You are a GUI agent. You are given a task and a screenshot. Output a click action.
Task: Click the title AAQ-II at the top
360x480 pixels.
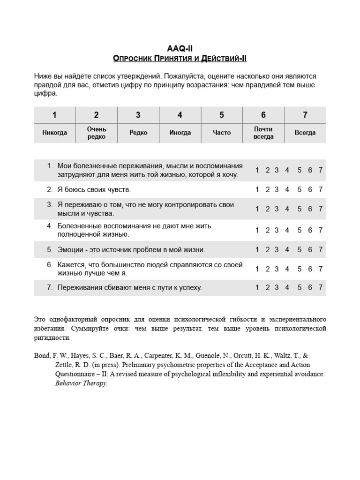click(x=180, y=48)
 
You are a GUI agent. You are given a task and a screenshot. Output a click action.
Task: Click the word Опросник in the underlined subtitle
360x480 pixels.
click(x=133, y=58)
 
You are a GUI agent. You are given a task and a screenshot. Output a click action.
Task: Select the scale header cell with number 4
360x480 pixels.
click(x=180, y=115)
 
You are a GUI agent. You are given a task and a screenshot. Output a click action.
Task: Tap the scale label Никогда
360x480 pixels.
click(x=54, y=133)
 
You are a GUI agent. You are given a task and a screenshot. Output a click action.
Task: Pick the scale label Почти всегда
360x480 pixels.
click(x=263, y=133)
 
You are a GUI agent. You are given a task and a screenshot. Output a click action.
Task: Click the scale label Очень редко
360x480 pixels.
click(x=96, y=133)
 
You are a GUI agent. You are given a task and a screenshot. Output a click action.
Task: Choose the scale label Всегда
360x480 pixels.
click(x=305, y=133)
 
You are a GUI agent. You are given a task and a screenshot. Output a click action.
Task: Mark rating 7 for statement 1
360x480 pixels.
click(x=321, y=170)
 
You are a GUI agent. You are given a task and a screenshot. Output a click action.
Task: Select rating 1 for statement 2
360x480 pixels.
click(x=257, y=189)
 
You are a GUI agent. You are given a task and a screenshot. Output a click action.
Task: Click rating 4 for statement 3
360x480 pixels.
click(x=287, y=209)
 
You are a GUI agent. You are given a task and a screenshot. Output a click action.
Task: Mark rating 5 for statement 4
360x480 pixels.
click(x=300, y=230)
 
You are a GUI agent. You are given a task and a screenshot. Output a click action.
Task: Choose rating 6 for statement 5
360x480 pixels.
click(x=310, y=250)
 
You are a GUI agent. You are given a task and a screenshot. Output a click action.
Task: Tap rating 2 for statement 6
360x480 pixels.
click(x=268, y=269)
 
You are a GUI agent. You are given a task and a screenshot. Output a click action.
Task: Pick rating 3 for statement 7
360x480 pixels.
click(x=277, y=287)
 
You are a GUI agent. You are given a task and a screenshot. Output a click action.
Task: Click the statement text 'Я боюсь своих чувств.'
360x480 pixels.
click(x=94, y=190)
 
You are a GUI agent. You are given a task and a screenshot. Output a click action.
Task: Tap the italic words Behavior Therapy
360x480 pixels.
click(x=82, y=383)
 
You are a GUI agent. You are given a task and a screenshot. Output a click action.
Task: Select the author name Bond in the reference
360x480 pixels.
click(x=42, y=356)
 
